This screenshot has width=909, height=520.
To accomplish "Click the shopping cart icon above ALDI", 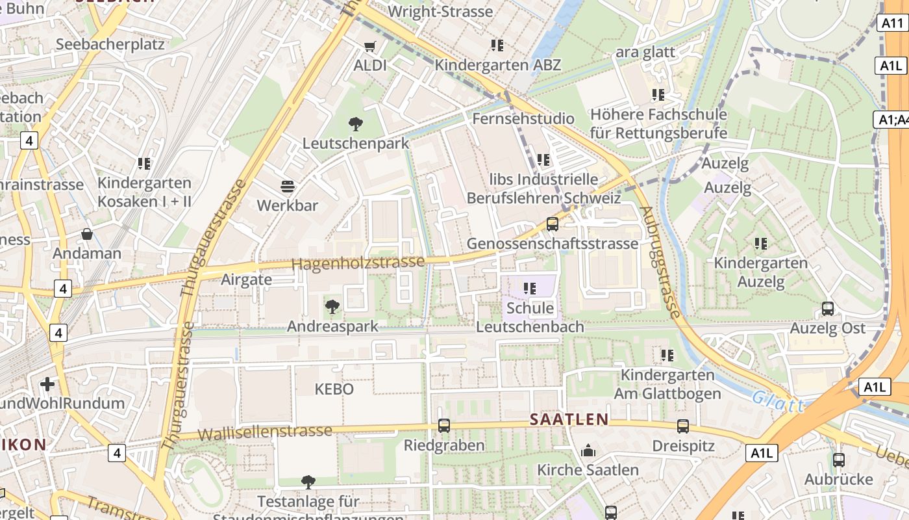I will point(370,46).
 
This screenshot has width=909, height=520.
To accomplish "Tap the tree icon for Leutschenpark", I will point(355,123).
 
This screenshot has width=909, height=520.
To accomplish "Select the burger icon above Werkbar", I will point(288,187).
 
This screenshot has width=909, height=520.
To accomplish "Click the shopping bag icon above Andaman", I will point(87,234).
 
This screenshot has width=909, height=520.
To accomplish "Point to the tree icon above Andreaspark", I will point(332,306).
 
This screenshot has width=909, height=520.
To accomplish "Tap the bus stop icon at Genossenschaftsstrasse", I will point(553,224).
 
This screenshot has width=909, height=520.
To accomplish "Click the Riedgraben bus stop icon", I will point(444,426).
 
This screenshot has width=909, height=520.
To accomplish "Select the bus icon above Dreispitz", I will point(683,426).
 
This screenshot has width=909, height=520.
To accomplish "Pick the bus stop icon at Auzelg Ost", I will point(828,309).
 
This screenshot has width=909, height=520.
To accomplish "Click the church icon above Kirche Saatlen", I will point(588,450).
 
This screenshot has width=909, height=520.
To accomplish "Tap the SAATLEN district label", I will point(569,419).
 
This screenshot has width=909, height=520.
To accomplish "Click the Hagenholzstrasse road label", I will point(358,263).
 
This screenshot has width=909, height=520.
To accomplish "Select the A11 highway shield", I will point(893,23).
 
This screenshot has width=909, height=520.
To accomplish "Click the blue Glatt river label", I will point(778,401).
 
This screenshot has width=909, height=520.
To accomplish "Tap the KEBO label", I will point(334,389).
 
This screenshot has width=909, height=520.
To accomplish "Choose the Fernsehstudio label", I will point(523,118).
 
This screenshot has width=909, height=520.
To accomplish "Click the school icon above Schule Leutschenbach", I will point(530,288).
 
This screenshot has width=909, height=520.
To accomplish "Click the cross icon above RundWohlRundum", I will point(47,383).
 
